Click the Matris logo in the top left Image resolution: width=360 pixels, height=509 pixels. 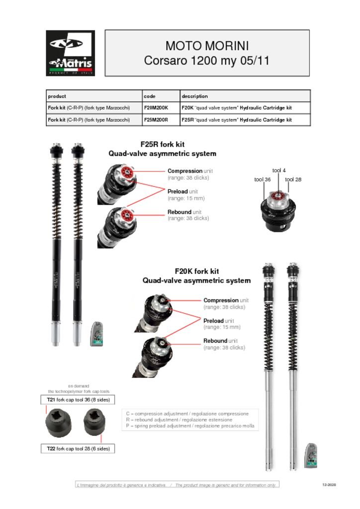coord(70,53)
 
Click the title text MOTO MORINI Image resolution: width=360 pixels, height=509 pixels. coord(207,46)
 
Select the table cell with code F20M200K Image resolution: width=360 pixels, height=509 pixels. coord(157,107)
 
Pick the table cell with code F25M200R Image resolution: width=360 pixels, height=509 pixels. coord(157,120)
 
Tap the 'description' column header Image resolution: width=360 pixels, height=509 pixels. coord(194,96)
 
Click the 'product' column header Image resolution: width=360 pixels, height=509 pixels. coord(57,96)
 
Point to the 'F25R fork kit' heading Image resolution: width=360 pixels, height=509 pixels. coord(163,145)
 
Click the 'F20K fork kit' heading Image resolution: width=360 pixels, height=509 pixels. coord(196,271)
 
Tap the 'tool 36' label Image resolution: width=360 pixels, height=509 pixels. coord(262,179)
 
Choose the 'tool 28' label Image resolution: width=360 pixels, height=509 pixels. coord(293,179)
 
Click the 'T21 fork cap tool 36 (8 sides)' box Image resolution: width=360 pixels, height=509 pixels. coord(78,400)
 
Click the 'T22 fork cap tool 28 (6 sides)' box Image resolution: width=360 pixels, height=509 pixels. coord(78,448)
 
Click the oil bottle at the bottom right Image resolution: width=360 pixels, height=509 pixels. coord(311,455)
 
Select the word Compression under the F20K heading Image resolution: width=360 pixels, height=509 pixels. coord(221,300)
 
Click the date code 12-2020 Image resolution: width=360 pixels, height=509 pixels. coord(329,485)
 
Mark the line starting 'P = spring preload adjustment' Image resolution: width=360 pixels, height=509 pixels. coord(190,426)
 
